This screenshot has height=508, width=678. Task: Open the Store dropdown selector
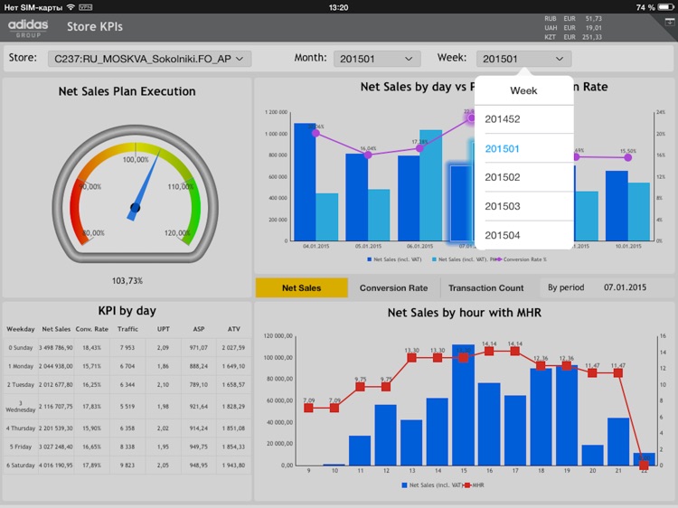149,59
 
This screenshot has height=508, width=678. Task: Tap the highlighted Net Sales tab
301,288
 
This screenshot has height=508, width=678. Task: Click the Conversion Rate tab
393,288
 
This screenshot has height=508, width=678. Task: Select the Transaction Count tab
486,288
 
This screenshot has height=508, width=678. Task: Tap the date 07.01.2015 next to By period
625,288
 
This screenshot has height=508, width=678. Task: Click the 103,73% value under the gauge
127,281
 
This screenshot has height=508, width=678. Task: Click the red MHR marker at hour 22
644,465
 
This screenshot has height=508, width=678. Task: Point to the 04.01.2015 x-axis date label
315,246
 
